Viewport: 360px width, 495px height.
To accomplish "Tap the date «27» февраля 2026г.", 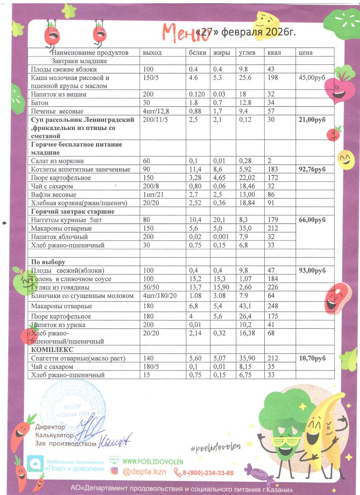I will coord(247,32).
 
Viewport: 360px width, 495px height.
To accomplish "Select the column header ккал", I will coord(274,53).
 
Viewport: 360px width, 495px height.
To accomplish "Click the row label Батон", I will coord(40,103).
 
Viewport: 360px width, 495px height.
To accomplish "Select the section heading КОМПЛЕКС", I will coord(50,350).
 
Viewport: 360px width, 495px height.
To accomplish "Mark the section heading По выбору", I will coord(48,262).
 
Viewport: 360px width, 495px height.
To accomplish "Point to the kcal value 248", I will coord(273,306).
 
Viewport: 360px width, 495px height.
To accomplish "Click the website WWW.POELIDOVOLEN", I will coord(153,462).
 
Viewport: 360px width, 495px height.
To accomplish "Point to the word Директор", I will coord(50,427).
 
